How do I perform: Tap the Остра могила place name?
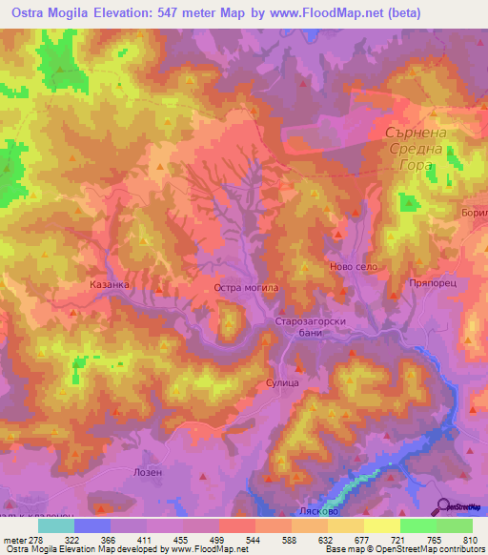(245, 286)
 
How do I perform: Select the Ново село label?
(353, 267)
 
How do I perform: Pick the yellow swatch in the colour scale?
(382, 525)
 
